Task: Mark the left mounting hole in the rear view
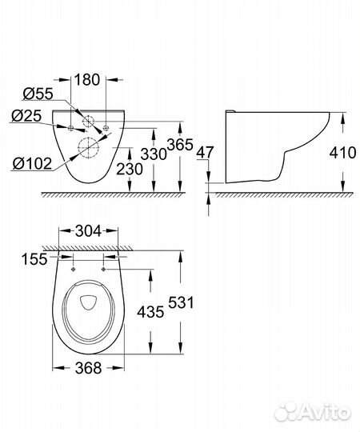tap(70, 127)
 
